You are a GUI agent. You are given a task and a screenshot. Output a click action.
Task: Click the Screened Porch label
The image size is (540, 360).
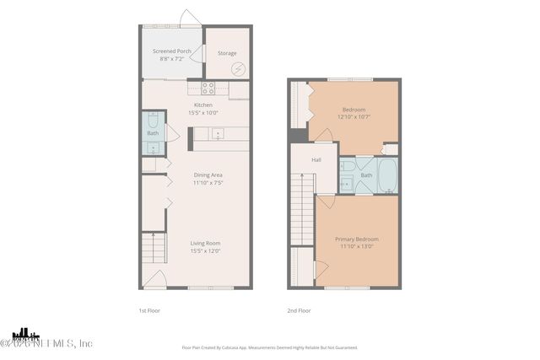click(x=171, y=51)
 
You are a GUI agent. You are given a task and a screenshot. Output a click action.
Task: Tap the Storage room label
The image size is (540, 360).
click(x=227, y=53)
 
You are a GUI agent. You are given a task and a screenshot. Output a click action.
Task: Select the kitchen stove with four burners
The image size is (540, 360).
click(x=208, y=87)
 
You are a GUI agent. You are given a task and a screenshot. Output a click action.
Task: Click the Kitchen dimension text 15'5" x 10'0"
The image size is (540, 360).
click(x=202, y=111)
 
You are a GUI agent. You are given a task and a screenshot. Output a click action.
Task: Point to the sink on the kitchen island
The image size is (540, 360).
click(x=217, y=133)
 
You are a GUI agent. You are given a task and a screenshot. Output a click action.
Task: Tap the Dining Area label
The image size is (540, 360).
click(x=207, y=175)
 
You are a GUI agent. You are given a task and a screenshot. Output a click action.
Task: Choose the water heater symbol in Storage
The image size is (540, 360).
click(x=239, y=69)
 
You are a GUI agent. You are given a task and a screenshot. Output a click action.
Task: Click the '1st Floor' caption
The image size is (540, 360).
click(x=149, y=310)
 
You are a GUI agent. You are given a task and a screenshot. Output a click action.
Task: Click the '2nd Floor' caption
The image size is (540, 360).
click(x=299, y=310)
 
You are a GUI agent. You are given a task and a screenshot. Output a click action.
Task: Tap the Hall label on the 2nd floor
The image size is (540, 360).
click(x=316, y=159)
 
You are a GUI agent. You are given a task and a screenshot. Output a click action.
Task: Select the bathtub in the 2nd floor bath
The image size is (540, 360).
click(x=386, y=176)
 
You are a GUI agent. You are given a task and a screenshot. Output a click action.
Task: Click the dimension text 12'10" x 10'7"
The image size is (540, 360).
click(x=354, y=116)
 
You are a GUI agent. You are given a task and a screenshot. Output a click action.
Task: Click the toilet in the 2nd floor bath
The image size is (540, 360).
click(x=347, y=180)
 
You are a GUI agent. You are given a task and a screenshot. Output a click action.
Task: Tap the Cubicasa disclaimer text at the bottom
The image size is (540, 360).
click(x=269, y=347)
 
